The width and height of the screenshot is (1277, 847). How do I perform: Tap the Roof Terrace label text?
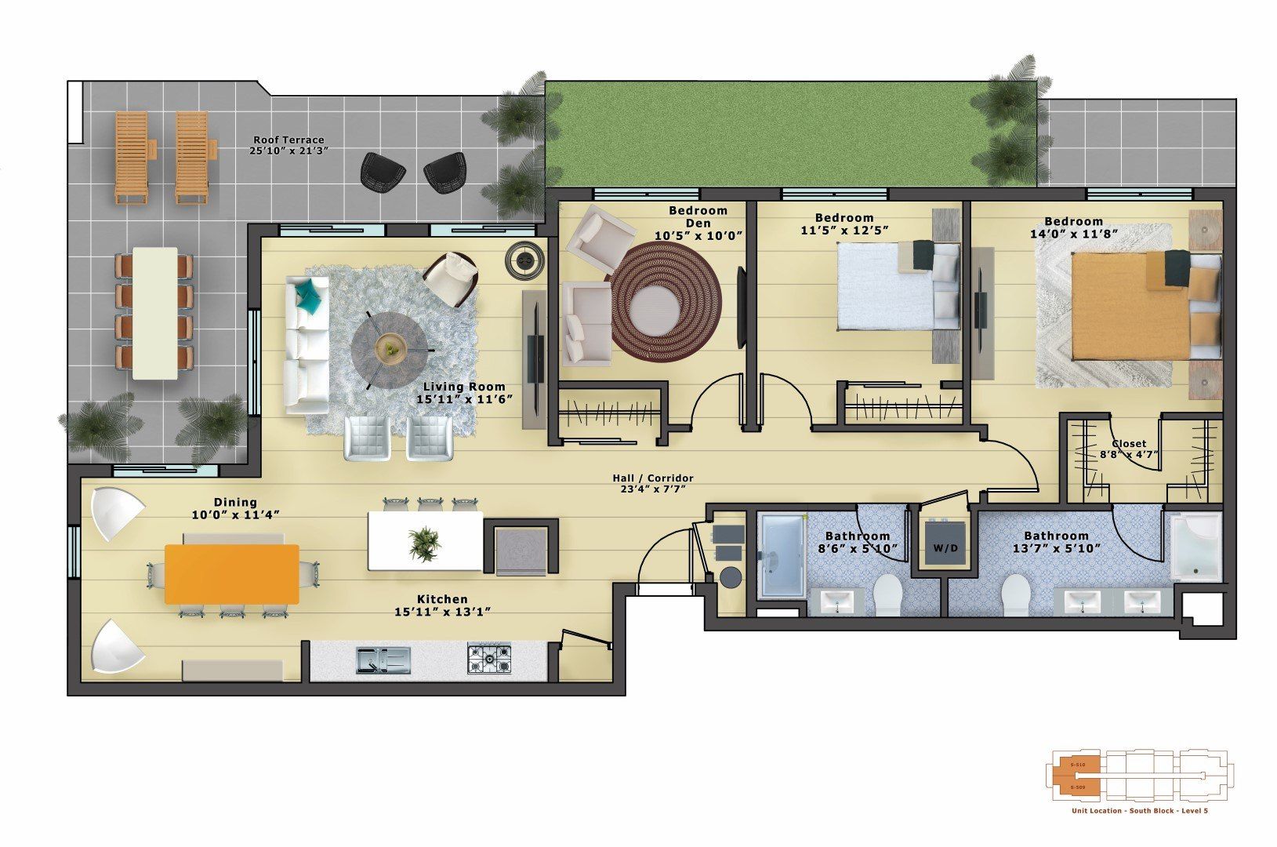[288, 140]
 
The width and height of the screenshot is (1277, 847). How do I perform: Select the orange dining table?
[232, 574]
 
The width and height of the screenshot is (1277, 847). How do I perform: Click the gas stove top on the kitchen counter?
[489, 659]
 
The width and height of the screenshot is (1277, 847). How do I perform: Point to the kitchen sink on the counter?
[383, 660]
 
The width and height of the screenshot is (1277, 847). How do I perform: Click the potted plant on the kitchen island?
[425, 543]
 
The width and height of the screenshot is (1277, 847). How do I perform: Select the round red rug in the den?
[665, 301]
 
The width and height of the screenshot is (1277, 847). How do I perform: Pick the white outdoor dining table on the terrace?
[154, 314]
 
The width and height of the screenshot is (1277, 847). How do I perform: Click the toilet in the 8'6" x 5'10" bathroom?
[889, 596]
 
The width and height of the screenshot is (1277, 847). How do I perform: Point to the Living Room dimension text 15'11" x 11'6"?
[464, 399]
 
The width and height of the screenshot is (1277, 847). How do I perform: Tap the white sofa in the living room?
[307, 345]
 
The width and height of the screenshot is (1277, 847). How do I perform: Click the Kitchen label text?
[442, 599]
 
